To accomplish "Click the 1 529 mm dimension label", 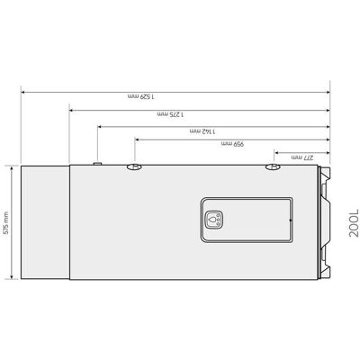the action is (x=140, y=96).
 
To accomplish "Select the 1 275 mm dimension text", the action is (x=171, y=114).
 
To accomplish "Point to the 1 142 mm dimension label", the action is (x=202, y=131).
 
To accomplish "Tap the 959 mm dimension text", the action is (x=232, y=144).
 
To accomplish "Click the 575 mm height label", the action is (x=6, y=222).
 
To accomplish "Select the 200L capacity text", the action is (x=354, y=222).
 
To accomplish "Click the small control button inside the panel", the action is (x=212, y=219).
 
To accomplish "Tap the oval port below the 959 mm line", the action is (x=134, y=166).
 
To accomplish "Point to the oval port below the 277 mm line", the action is (x=273, y=166).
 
